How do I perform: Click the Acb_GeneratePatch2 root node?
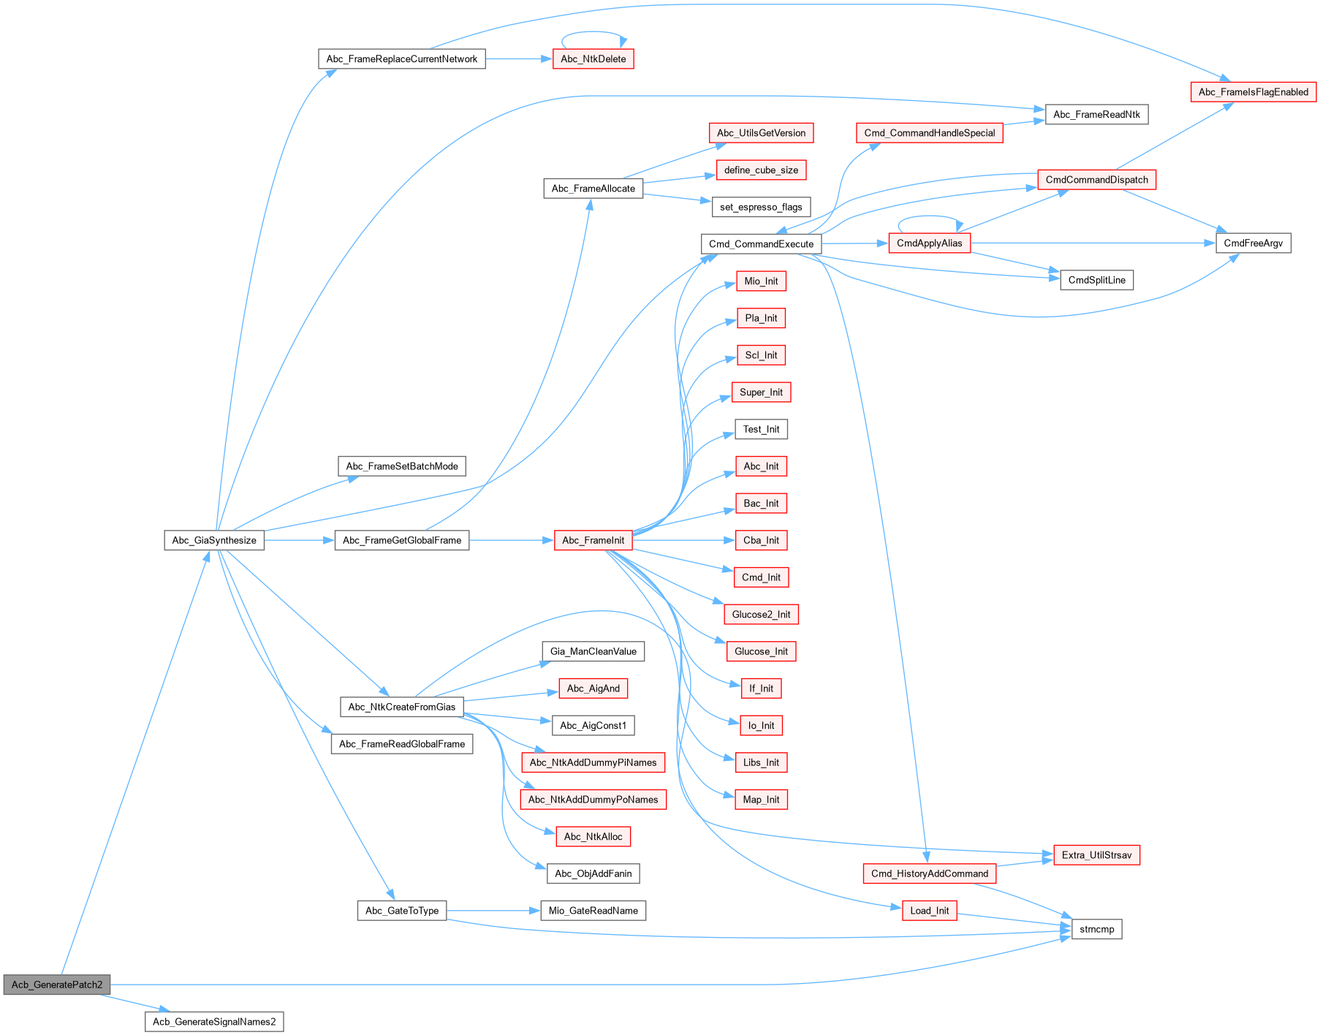point(56,985)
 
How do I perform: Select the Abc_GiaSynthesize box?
point(214,540)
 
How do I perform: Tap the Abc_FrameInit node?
point(593,540)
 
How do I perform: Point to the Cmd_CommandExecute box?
point(761,244)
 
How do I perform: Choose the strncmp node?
point(1096,929)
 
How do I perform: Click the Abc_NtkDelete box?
point(593,59)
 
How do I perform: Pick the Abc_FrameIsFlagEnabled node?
point(1253,92)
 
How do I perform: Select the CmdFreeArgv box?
point(1253,243)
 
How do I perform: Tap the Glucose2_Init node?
point(761,614)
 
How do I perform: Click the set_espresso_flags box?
point(761,207)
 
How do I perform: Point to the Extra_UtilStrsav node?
point(1096,855)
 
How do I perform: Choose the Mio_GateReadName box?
point(593,911)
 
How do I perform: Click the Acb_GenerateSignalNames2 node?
point(214,1022)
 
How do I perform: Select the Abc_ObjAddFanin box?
point(593,873)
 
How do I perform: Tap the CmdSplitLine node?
point(1096,280)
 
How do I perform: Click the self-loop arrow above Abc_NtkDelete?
point(593,33)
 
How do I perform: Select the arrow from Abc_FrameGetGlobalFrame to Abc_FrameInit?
point(512,540)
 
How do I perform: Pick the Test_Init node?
point(761,429)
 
